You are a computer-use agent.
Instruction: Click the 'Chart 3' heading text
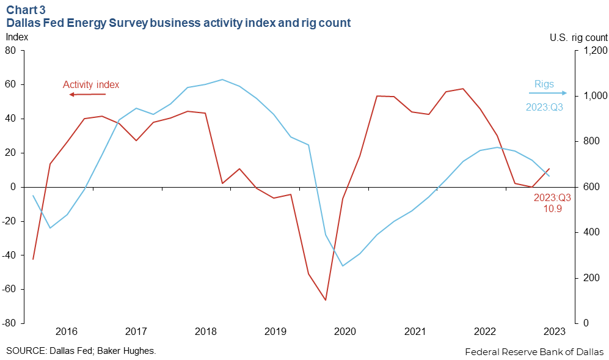[25, 10]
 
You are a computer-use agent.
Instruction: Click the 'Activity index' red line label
[91, 85]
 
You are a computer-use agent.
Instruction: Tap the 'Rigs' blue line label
[544, 84]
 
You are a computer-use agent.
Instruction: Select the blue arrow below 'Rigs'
[547, 94]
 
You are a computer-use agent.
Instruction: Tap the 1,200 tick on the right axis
[594, 51]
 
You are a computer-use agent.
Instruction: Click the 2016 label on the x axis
[67, 332]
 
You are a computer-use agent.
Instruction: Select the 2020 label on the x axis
[345, 332]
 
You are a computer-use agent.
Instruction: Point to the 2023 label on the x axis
[554, 332]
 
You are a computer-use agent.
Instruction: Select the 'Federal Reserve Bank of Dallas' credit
[534, 351]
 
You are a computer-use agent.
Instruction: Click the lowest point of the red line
[326, 300]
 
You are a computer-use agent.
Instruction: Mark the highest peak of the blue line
[222, 79]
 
